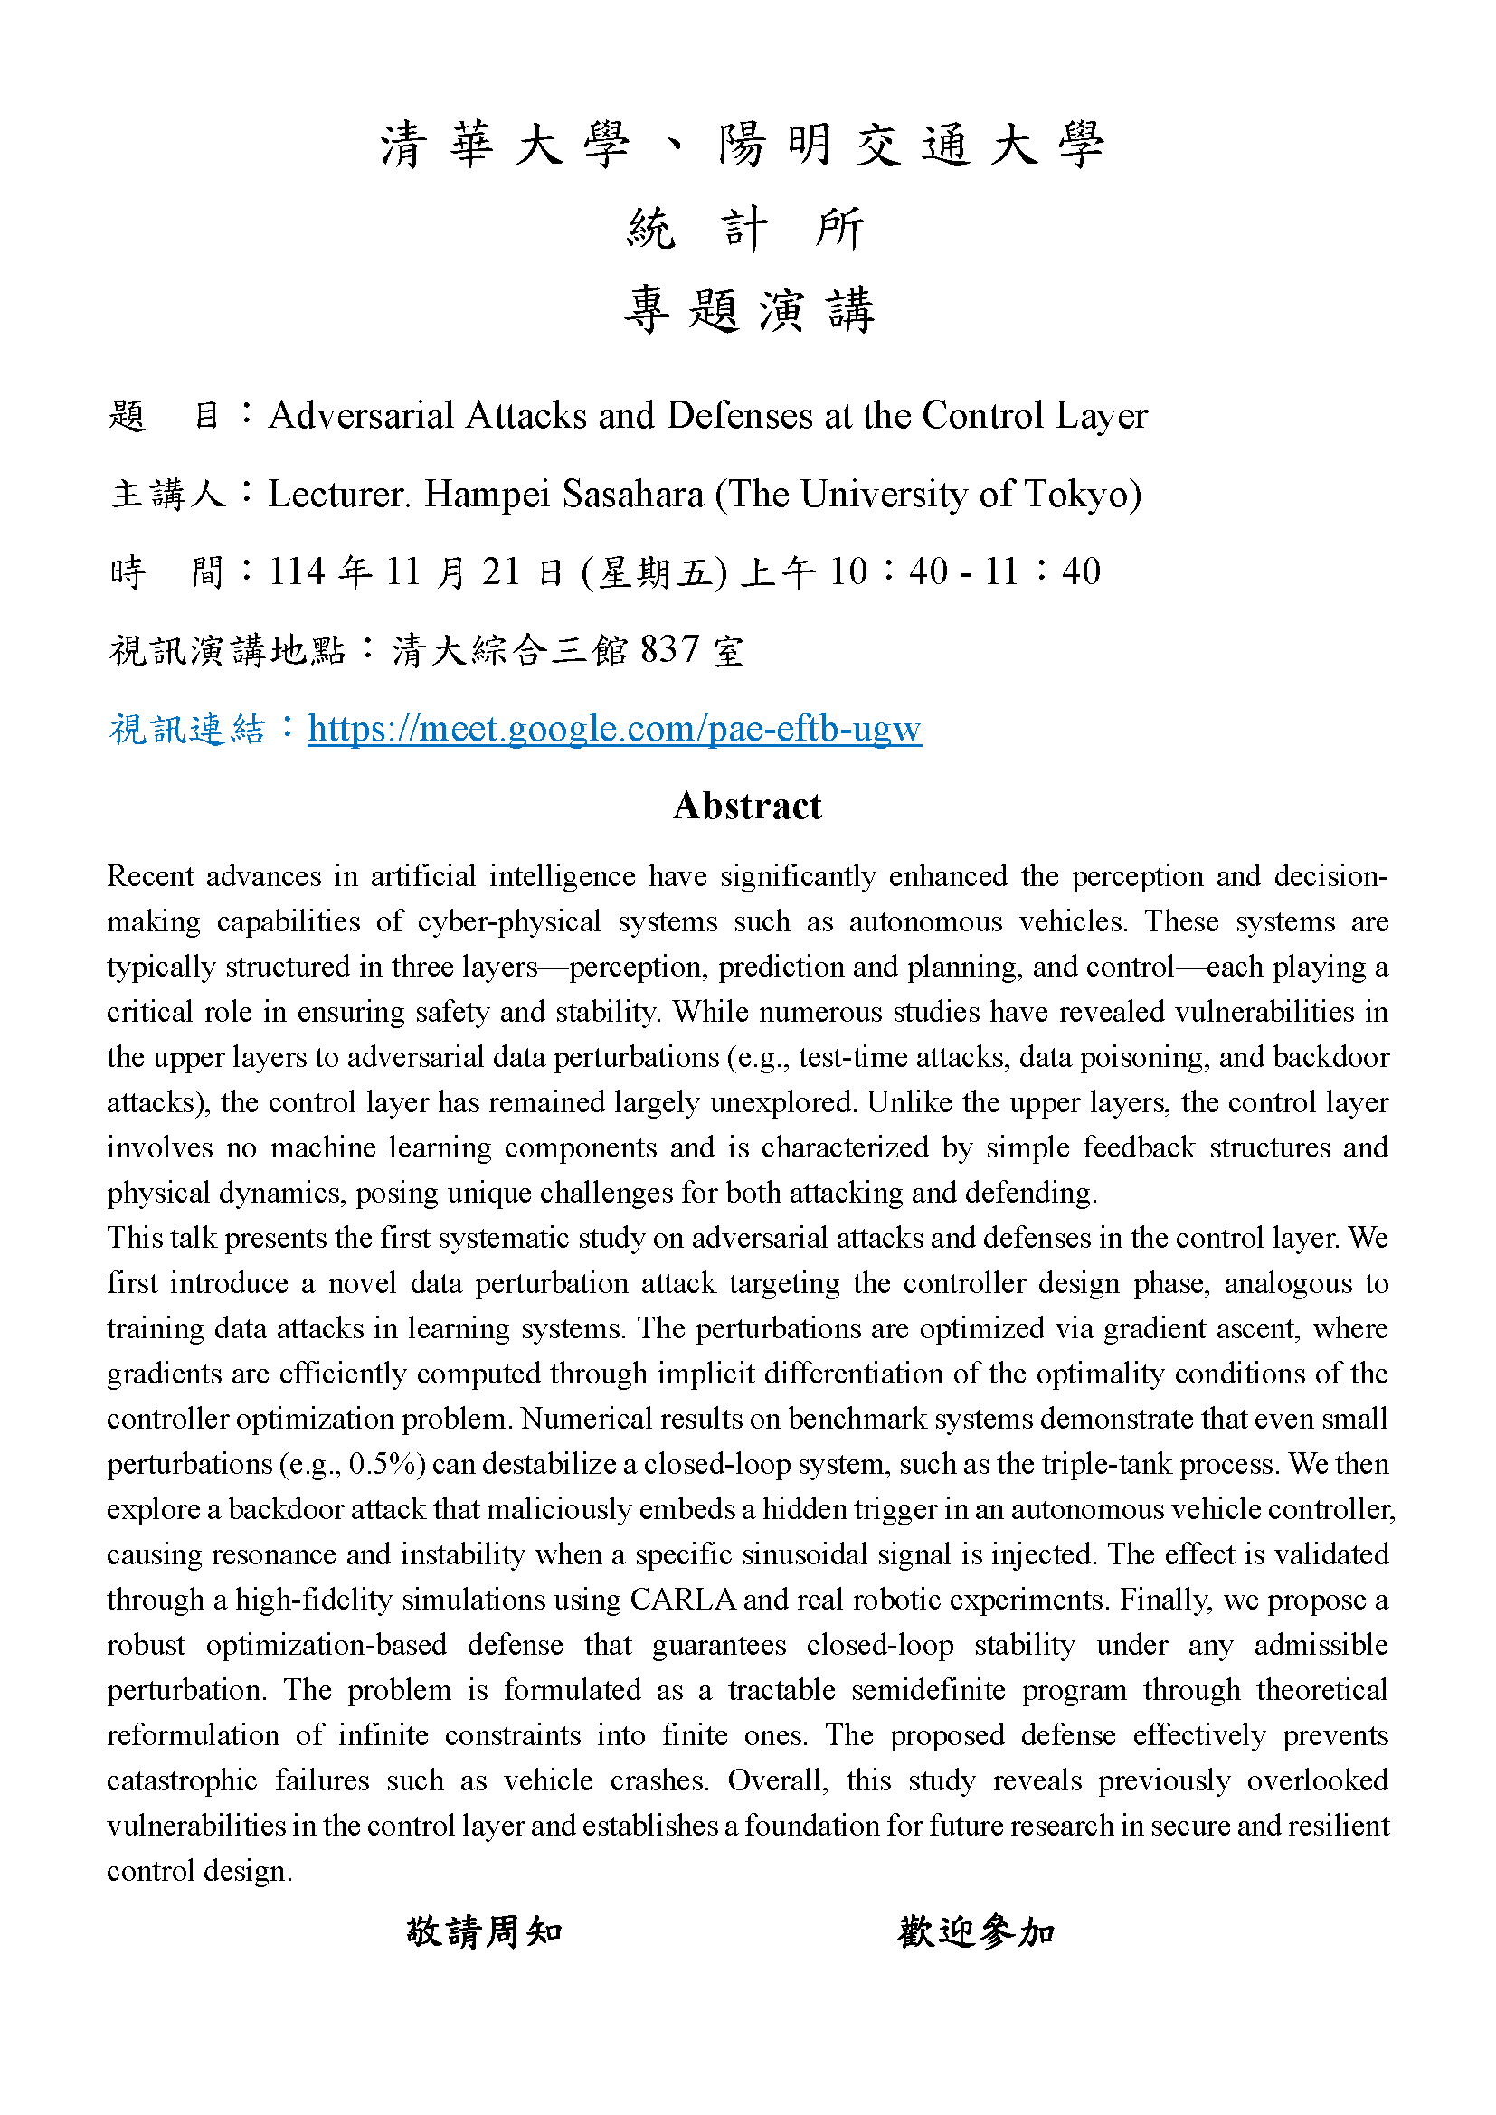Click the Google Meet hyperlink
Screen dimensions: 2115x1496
[614, 729]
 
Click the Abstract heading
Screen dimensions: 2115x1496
[747, 806]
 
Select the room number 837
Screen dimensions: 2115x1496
[669, 649]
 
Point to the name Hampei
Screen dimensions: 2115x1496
[487, 495]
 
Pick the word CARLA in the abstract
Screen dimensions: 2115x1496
[683, 1600]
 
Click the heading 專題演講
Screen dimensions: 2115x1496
[748, 309]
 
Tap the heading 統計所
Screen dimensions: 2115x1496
[747, 229]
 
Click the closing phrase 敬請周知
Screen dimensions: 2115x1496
[485, 1931]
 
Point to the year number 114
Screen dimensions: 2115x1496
[298, 572]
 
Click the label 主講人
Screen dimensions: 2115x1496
[167, 495]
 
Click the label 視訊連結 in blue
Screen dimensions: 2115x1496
[187, 729]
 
